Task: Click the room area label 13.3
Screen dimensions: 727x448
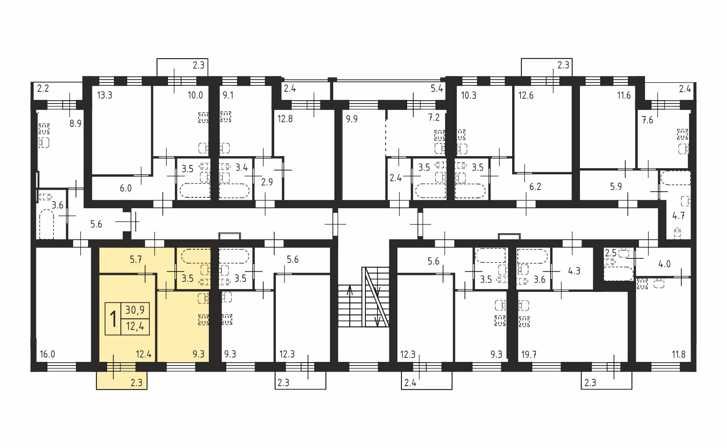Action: pyautogui.click(x=105, y=96)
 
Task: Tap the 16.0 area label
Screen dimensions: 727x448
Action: pyautogui.click(x=47, y=355)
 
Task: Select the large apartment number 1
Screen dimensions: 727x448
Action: pyautogui.click(x=113, y=319)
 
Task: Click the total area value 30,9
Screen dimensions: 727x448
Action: pyautogui.click(x=135, y=310)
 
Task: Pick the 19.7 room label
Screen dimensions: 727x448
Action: pyautogui.click(x=529, y=355)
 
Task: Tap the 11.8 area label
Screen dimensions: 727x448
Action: pyautogui.click(x=679, y=355)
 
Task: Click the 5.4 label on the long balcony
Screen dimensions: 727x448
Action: pyautogui.click(x=437, y=89)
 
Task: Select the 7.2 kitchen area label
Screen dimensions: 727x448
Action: pyautogui.click(x=434, y=118)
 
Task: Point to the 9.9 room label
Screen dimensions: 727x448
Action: pyautogui.click(x=352, y=119)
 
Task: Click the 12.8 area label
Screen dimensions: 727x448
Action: pyautogui.click(x=285, y=119)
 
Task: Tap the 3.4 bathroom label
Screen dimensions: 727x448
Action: pyautogui.click(x=242, y=167)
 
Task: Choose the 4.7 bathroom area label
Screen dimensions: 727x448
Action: pyautogui.click(x=679, y=216)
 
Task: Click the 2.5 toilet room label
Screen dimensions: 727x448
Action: pyautogui.click(x=611, y=253)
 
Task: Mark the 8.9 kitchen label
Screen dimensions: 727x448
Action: pyautogui.click(x=76, y=123)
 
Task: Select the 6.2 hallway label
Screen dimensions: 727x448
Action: pyautogui.click(x=535, y=187)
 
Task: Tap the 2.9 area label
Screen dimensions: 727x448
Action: pyautogui.click(x=267, y=182)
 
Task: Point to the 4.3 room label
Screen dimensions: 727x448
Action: pyautogui.click(x=574, y=271)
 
